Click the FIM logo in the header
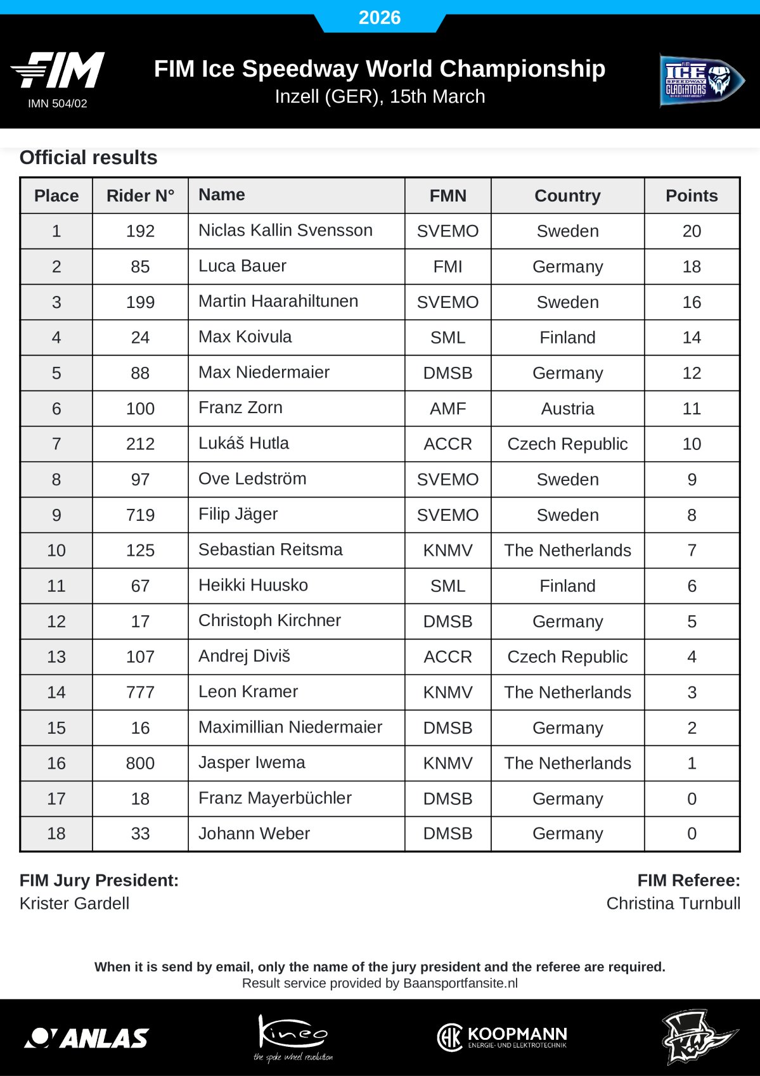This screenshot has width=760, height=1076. coord(58,70)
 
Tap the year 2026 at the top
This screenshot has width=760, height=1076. coord(380,17)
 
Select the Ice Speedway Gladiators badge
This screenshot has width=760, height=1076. coord(701,81)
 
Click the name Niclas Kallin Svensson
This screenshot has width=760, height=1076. coord(285,231)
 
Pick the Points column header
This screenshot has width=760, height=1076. coord(692,196)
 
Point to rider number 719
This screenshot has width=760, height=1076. coord(140,515)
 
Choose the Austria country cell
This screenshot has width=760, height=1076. coord(567,409)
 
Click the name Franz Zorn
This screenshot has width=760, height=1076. coord(240,408)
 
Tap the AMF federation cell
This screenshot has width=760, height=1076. coord(448,409)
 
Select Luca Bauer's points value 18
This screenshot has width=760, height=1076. coord(692,267)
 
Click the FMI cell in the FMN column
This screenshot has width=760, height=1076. coord(448,267)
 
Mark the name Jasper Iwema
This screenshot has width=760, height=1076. coord(252,763)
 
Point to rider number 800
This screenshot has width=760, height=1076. coord(140,764)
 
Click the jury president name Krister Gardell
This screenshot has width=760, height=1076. coord(74,904)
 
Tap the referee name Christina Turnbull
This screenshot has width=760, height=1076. coord(673,904)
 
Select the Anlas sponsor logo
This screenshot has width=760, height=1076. coord(87,1038)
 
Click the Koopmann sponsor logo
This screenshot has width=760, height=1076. coord(502,1037)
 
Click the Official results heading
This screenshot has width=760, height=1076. coord(88,158)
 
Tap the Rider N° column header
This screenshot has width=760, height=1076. coord(140,196)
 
